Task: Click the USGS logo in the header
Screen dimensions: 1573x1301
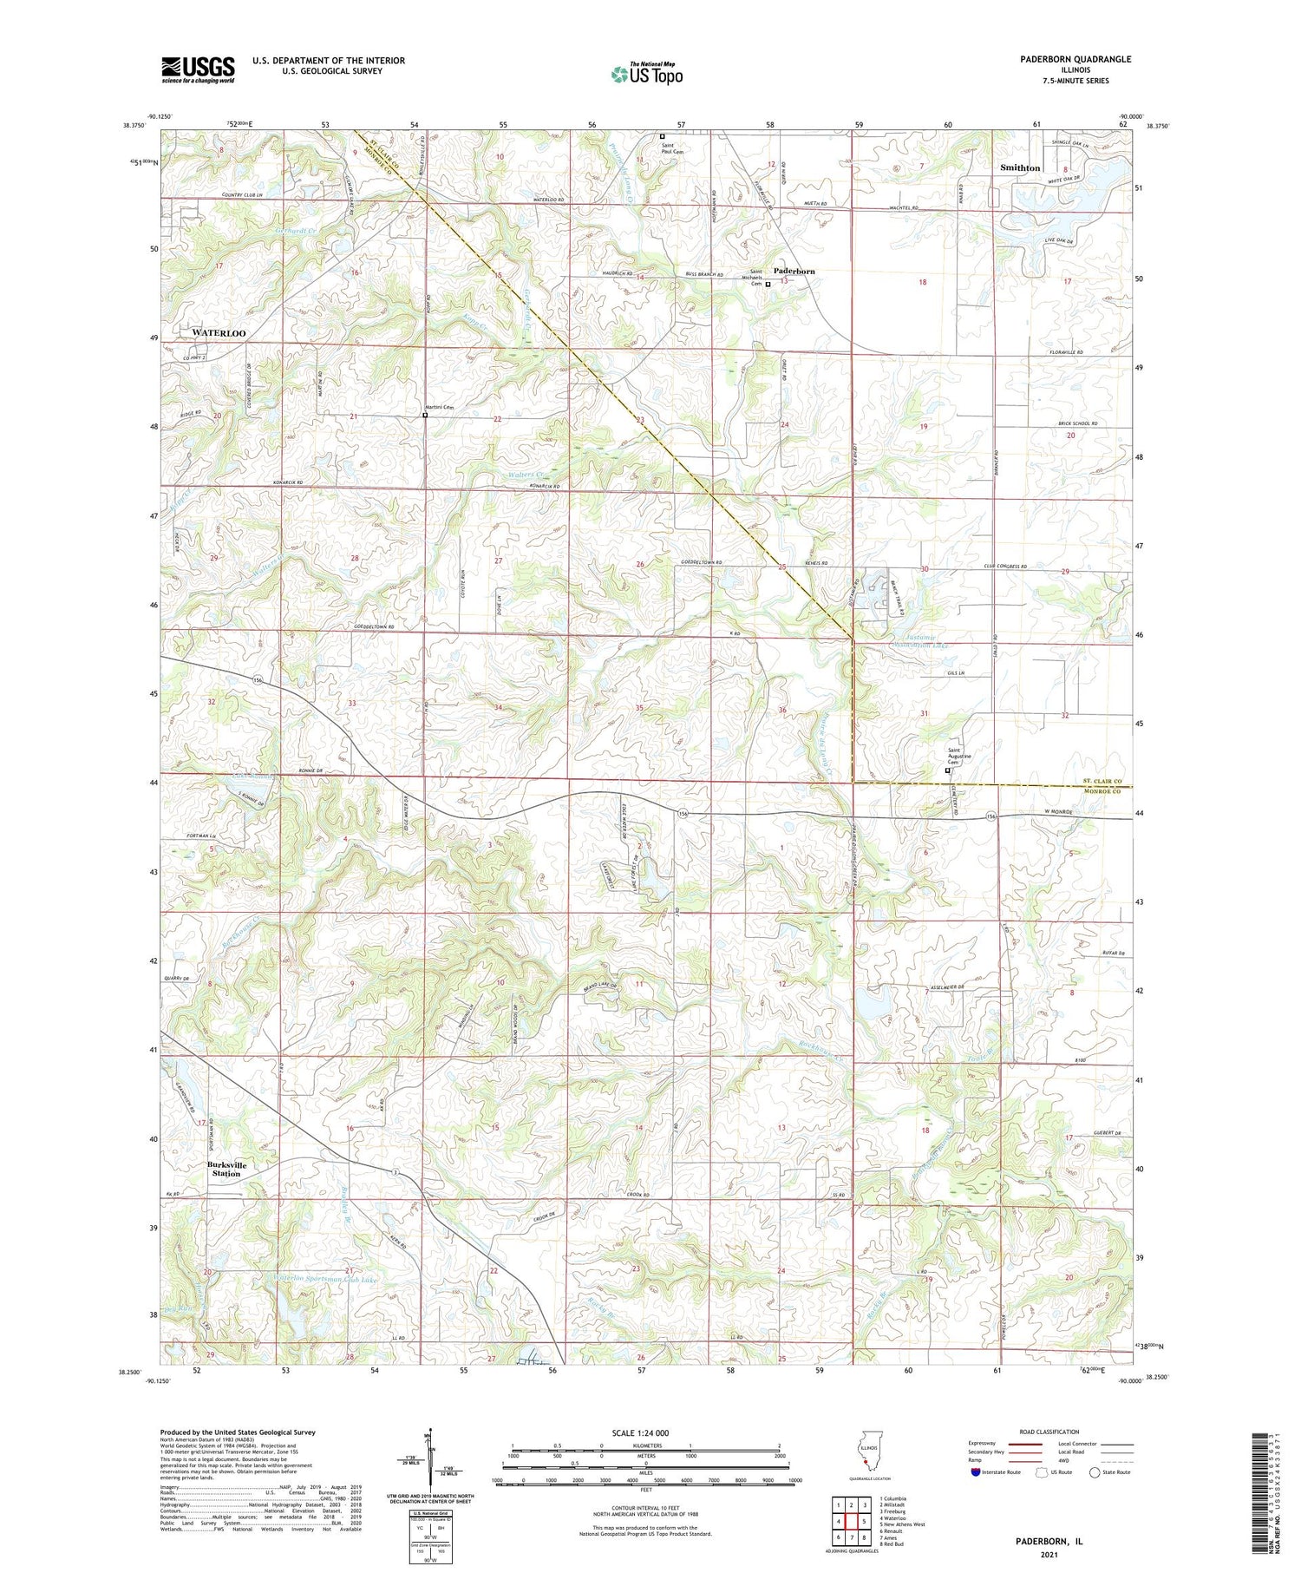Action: tap(198, 69)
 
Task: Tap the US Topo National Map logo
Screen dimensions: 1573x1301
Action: tap(646, 75)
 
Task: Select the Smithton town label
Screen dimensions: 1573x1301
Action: tap(1020, 168)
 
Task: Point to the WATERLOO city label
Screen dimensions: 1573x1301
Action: tap(213, 333)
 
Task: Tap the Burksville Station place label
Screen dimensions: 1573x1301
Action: tap(227, 1169)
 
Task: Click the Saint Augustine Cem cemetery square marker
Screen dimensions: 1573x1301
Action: tap(947, 770)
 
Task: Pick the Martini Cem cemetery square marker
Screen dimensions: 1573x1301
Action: tap(425, 415)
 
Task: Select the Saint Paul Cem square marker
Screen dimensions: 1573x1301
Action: tap(663, 136)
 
